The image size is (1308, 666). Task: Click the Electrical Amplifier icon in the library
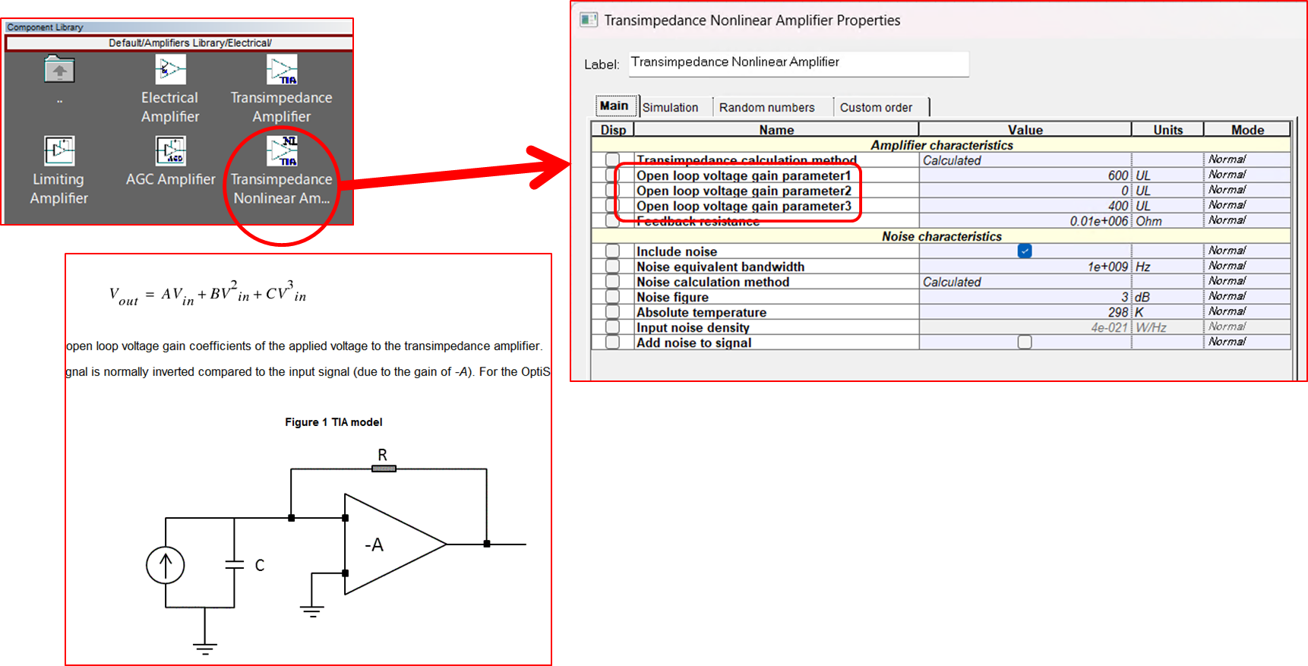click(170, 70)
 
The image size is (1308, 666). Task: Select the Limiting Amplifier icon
click(59, 150)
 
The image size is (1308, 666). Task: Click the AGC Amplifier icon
click(170, 150)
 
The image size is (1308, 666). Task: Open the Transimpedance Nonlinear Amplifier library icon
click(282, 150)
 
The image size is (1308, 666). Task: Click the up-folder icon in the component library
click(59, 70)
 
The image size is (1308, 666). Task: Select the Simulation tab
click(670, 107)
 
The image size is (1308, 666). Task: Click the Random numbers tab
click(766, 107)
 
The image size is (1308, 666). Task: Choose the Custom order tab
click(876, 107)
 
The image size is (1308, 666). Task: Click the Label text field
click(798, 63)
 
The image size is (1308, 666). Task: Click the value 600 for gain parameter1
click(1117, 175)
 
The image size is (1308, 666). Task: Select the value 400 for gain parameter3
click(1117, 206)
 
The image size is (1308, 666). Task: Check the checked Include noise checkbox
click(1025, 251)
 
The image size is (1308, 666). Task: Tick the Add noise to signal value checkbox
click(1025, 342)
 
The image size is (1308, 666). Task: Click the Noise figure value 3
click(1124, 297)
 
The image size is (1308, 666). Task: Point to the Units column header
click(1167, 130)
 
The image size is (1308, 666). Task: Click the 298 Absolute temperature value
click(1117, 312)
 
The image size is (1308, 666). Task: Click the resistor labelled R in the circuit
click(384, 469)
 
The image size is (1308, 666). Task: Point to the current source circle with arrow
click(166, 565)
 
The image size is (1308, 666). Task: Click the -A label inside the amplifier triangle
click(374, 544)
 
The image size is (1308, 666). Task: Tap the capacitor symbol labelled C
click(235, 565)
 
